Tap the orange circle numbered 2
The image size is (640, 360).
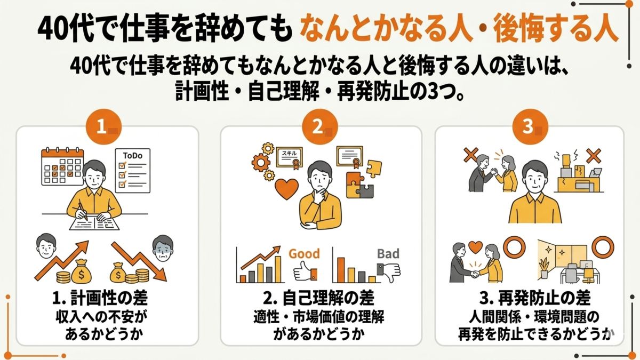click(x=318, y=126)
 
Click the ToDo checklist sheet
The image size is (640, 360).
click(x=133, y=170)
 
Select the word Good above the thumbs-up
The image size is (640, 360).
click(x=304, y=253)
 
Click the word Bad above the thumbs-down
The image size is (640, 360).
click(x=388, y=253)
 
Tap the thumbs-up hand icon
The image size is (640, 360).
click(x=305, y=273)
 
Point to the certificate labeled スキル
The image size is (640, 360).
click(x=289, y=156)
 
